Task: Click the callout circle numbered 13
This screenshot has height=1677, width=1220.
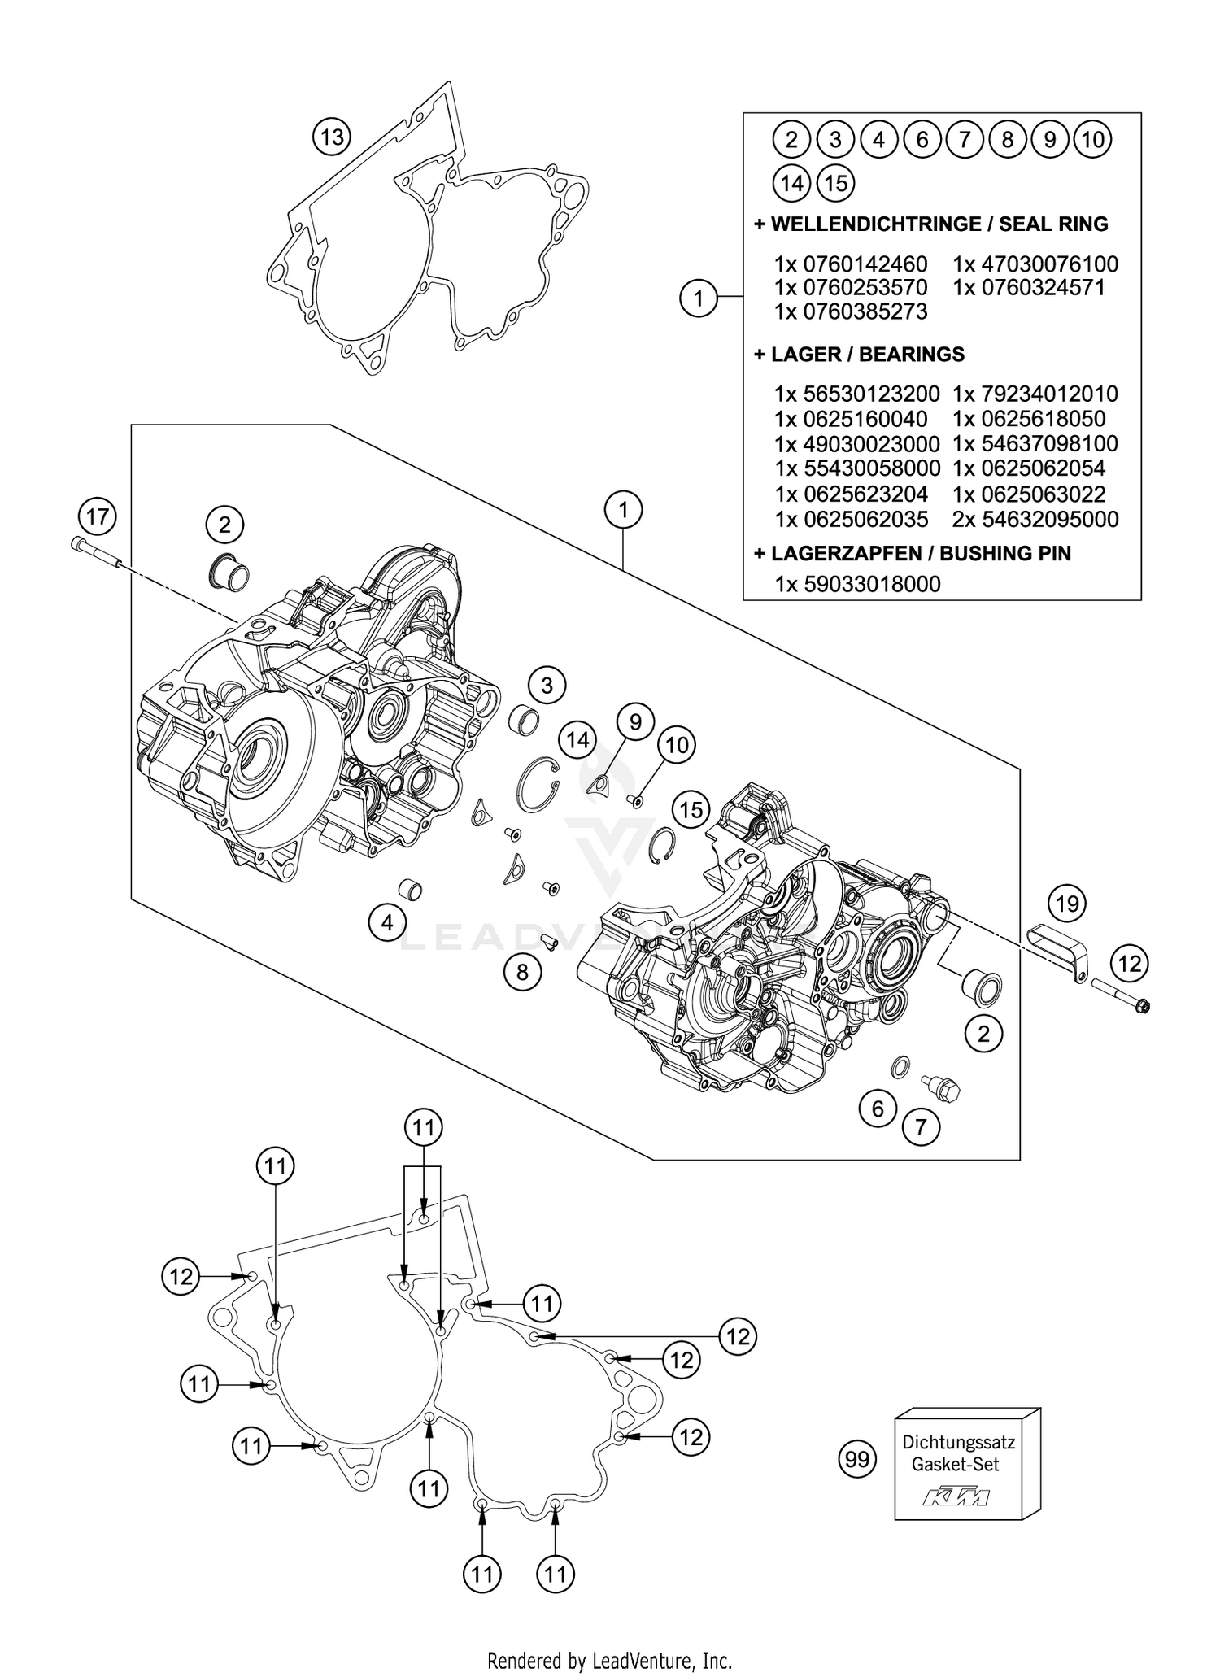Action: [332, 137]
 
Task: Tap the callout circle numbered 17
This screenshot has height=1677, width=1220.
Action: [98, 516]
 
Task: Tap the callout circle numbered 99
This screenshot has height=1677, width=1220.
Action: [857, 1459]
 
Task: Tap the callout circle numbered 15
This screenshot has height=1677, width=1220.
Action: [691, 809]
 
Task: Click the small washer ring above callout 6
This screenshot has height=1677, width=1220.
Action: [900, 1067]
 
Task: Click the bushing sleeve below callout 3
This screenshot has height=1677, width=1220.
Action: [524, 720]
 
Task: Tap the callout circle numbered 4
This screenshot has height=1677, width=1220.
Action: [387, 922]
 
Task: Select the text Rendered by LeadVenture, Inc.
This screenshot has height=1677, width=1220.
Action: [609, 1660]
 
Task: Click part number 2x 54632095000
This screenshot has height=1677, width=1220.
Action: [1035, 520]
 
